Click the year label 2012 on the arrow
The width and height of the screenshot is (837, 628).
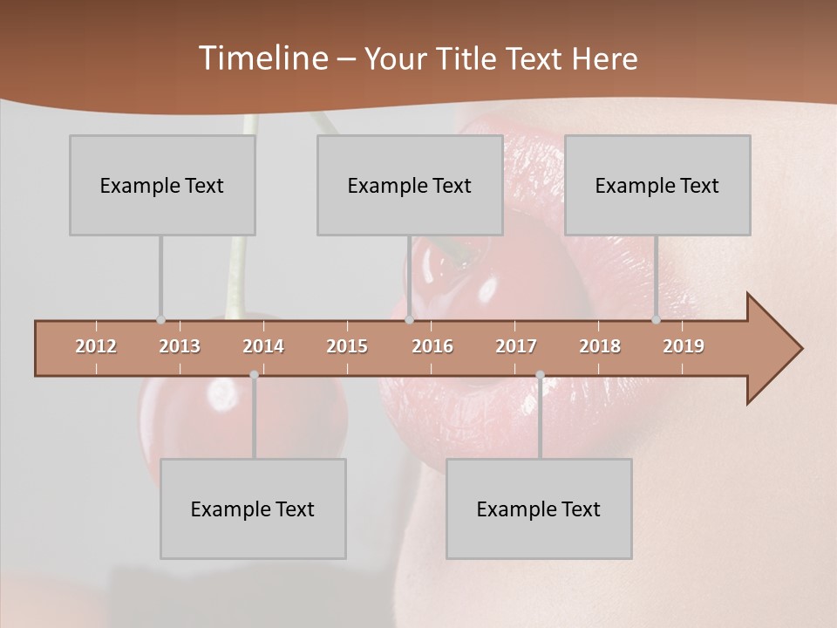[96, 346]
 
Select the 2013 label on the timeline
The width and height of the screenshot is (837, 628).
[180, 346]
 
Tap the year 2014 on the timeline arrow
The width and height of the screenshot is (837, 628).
[263, 346]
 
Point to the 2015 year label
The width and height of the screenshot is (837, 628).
[347, 346]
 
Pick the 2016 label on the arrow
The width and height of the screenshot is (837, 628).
[432, 346]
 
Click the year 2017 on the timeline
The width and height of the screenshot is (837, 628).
[516, 346]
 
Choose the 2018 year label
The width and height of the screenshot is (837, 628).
[600, 346]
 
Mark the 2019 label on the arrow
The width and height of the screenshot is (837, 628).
[684, 346]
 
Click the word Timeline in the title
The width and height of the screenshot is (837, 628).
[262, 58]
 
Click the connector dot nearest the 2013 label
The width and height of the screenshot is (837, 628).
[160, 319]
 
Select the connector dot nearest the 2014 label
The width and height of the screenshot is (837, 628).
[254, 375]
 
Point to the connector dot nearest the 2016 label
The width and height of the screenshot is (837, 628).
[409, 319]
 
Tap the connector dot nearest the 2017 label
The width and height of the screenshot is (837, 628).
[540, 375]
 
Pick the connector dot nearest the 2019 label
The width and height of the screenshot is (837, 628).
[656, 319]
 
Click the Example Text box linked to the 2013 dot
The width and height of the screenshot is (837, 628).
[162, 185]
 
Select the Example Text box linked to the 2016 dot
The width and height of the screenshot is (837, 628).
[410, 185]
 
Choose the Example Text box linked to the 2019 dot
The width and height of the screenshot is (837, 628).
[657, 185]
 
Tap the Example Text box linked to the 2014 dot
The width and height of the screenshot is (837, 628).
[253, 509]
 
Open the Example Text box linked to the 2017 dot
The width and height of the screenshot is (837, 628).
[539, 509]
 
